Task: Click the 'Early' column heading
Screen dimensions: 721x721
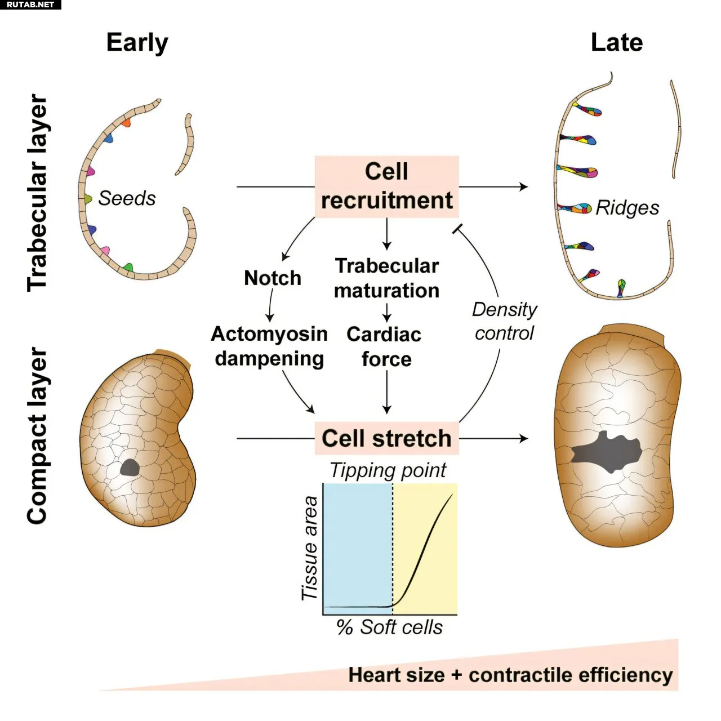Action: pyautogui.click(x=137, y=43)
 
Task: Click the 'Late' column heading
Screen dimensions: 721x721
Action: pyautogui.click(x=617, y=42)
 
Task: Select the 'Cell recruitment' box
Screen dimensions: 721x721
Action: pyautogui.click(x=386, y=186)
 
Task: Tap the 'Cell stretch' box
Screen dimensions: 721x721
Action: pyautogui.click(x=386, y=438)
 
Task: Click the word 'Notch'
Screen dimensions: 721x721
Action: pyautogui.click(x=273, y=278)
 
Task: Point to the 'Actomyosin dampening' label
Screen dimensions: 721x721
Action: pyautogui.click(x=269, y=346)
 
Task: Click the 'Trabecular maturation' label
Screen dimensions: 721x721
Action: pyautogui.click(x=386, y=278)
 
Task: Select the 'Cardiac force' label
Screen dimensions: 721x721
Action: pyautogui.click(x=384, y=346)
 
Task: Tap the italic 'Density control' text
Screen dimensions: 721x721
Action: pyautogui.click(x=504, y=321)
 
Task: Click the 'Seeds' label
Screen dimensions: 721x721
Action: pyautogui.click(x=127, y=198)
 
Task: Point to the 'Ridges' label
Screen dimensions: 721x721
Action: pyautogui.click(x=627, y=208)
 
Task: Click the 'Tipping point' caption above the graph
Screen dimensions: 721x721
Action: pyautogui.click(x=388, y=471)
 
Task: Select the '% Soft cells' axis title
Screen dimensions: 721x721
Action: pyautogui.click(x=389, y=627)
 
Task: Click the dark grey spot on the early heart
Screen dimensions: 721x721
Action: pyautogui.click(x=130, y=468)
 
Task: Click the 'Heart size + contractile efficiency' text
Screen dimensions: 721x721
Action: pyautogui.click(x=510, y=675)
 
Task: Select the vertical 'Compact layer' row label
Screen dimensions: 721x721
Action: pyautogui.click(x=37, y=435)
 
